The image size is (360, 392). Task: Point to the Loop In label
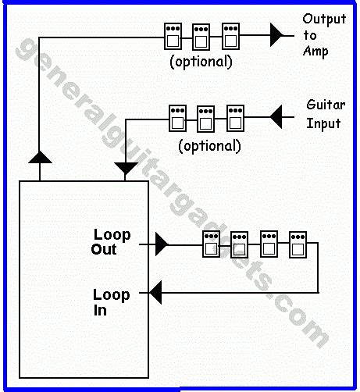(x=111, y=302)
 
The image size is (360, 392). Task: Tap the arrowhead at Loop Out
(x=161, y=245)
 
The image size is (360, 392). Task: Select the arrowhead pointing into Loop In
(x=155, y=293)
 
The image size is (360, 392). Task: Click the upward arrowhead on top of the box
(x=39, y=158)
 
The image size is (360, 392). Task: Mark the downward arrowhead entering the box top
(x=125, y=168)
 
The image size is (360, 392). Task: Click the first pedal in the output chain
(x=172, y=36)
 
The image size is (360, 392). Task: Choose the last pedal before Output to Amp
(x=230, y=36)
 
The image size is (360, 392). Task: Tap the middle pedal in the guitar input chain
(x=206, y=118)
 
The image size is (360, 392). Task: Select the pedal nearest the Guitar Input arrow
(x=235, y=118)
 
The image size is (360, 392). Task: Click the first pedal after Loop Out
(x=210, y=244)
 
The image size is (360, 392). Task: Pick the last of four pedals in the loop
(x=297, y=244)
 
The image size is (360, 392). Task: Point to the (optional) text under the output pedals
(x=201, y=62)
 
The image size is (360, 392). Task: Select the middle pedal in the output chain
(x=201, y=36)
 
